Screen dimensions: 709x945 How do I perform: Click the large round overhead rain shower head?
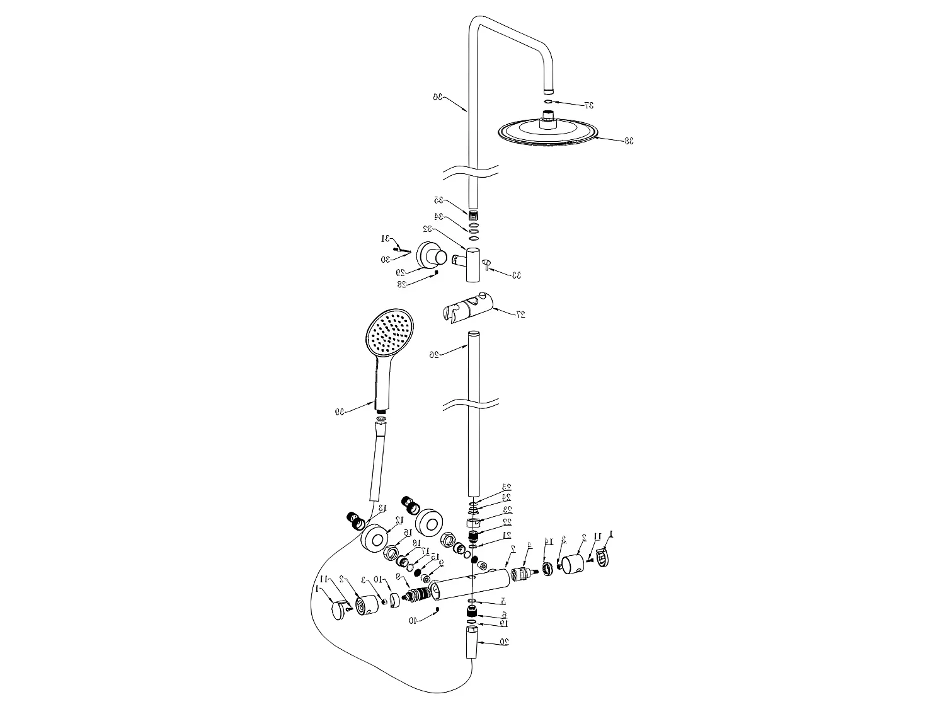pos(547,133)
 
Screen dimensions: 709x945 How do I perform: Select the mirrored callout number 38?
pos(628,141)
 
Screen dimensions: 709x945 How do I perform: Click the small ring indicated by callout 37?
pos(548,101)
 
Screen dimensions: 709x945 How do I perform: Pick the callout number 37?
pos(588,105)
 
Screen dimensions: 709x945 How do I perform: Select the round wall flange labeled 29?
pos(432,257)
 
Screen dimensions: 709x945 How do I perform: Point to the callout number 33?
pos(516,275)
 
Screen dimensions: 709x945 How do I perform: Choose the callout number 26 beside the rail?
pos(434,355)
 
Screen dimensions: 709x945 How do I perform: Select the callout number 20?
pos(504,642)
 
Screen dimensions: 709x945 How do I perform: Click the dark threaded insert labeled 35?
pos(473,216)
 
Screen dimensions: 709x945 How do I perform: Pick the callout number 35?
pos(438,200)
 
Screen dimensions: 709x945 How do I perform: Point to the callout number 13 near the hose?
pos(381,508)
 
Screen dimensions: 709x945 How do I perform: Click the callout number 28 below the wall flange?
pos(402,284)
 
